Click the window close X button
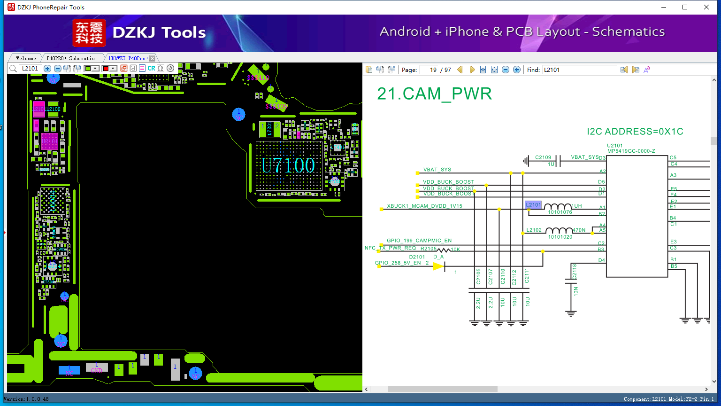(706, 7)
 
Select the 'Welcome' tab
(26, 58)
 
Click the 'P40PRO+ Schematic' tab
(70, 58)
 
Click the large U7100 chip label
(288, 165)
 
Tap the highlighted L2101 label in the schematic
(533, 205)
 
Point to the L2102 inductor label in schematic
(534, 230)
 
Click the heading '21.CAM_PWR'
(434, 94)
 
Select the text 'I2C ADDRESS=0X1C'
(635, 132)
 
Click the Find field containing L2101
(580, 70)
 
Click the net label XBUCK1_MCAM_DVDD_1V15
(424, 206)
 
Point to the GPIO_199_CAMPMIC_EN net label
(419, 241)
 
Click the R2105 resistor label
(428, 249)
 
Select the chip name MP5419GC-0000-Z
(631, 151)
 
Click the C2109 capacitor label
(543, 157)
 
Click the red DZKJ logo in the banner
(89, 33)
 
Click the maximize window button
(685, 7)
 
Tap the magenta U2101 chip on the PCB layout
(49, 141)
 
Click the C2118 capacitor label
(575, 271)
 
